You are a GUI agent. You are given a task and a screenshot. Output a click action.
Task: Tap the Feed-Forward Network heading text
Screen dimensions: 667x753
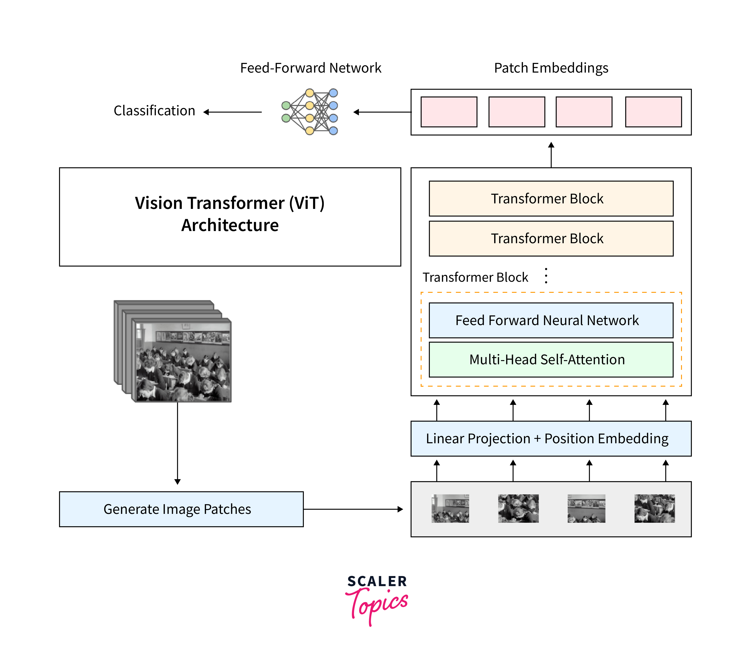click(311, 68)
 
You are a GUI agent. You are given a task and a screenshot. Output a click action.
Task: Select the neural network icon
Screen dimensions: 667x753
click(310, 112)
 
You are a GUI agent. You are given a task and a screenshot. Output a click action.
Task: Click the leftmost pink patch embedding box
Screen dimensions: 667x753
click(449, 112)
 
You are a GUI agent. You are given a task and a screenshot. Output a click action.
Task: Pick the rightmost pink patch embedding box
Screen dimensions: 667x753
click(653, 112)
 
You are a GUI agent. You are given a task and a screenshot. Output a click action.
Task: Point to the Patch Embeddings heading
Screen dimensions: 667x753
click(551, 68)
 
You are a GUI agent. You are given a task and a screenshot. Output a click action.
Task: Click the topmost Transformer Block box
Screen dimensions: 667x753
click(551, 199)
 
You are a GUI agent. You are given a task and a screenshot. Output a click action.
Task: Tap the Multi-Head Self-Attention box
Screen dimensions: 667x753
click(551, 359)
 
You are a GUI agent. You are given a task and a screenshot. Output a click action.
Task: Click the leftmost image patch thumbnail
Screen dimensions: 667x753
click(450, 508)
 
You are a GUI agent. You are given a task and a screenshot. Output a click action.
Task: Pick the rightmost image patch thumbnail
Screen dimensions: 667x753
click(654, 508)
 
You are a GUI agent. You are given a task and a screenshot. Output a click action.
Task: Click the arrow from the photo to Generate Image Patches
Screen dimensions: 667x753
click(178, 442)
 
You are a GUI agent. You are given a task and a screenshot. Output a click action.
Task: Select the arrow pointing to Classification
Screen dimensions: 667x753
click(232, 112)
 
